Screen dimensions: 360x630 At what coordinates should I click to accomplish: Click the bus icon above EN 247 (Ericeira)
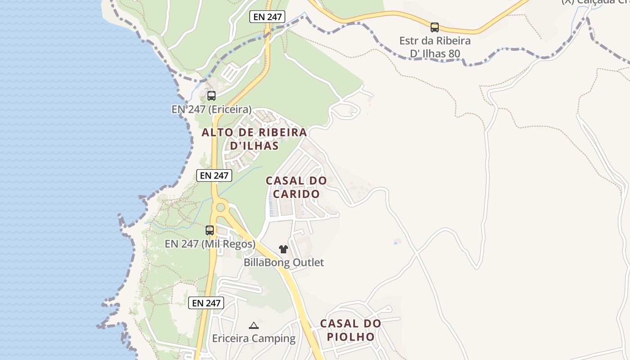[211, 95]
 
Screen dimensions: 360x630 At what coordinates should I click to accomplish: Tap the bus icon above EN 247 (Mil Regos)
[210, 230]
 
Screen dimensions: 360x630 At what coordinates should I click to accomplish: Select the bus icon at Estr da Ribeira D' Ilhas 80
[434, 27]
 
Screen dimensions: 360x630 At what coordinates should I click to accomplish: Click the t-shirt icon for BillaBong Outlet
[283, 249]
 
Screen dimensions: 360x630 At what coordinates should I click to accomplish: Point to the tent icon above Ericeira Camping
[254, 325]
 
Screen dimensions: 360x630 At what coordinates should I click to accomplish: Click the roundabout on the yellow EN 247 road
[220, 207]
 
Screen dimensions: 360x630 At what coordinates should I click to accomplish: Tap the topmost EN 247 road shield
[267, 17]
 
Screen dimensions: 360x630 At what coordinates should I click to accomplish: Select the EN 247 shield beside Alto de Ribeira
[214, 175]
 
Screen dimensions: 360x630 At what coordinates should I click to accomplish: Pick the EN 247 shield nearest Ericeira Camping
[206, 303]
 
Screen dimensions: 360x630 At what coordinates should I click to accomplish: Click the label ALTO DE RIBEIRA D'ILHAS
[254, 139]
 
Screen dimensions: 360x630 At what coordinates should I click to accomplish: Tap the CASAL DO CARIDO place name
[296, 187]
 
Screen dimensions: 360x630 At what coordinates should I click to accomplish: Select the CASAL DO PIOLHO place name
[351, 330]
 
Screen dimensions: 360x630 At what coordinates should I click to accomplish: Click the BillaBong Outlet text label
[283, 262]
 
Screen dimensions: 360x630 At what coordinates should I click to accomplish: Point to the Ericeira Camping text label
[254, 338]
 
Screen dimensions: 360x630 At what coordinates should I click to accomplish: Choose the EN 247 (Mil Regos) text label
[210, 244]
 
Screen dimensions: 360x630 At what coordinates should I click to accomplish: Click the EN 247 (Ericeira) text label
[211, 109]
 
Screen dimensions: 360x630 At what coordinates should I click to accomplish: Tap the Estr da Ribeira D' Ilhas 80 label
[435, 47]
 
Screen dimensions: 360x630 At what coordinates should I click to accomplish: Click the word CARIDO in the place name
[296, 194]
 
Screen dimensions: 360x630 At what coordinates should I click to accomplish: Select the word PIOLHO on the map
[351, 337]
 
